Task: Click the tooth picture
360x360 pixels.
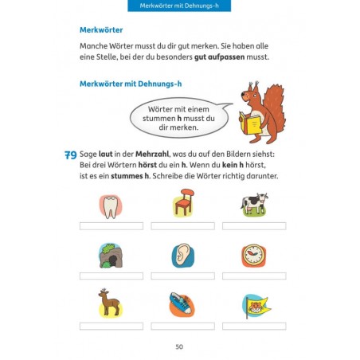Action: pyautogui.click(x=111, y=205)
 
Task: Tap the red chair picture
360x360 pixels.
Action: pyautogui.click(x=183, y=204)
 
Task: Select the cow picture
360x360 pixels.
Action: pyautogui.click(x=254, y=204)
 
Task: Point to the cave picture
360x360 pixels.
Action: pyautogui.click(x=111, y=255)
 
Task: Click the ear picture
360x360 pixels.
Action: pyautogui.click(x=182, y=255)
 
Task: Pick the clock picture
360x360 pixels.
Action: pyautogui.click(x=254, y=255)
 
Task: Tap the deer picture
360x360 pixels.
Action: pyautogui.click(x=110, y=303)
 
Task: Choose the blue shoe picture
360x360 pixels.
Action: pyautogui.click(x=182, y=303)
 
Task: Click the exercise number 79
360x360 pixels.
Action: pyautogui.click(x=70, y=157)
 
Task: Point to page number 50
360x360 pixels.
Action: pyautogui.click(x=179, y=346)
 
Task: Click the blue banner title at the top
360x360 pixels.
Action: pyautogui.click(x=179, y=7)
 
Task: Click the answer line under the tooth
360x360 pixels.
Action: pyautogui.click(x=111, y=225)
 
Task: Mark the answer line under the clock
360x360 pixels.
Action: pyautogui.click(x=254, y=276)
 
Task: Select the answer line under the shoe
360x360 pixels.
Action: pyautogui.click(x=182, y=326)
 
